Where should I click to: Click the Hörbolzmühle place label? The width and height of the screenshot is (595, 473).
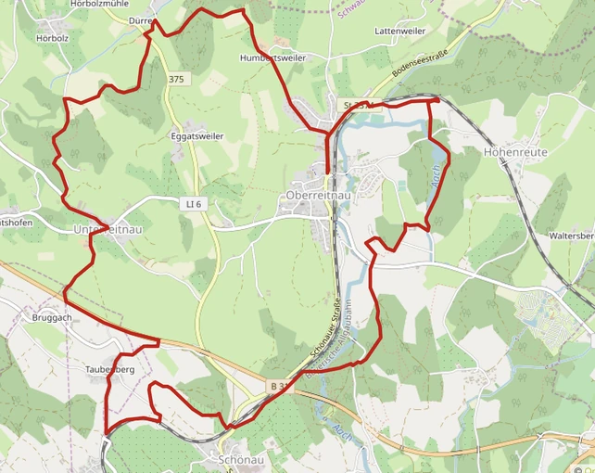pyautogui.click(x=99, y=5)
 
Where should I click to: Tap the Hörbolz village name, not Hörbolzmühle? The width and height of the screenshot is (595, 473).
pyautogui.click(x=53, y=39)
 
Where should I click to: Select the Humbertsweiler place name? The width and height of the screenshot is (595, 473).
pyautogui.click(x=272, y=58)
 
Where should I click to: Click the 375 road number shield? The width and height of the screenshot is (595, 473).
pyautogui.click(x=177, y=80)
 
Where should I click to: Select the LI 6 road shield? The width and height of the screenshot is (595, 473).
pyautogui.click(x=191, y=201)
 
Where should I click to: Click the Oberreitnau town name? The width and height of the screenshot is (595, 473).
pyautogui.click(x=318, y=196)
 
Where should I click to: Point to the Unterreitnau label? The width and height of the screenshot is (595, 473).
pyautogui.click(x=108, y=228)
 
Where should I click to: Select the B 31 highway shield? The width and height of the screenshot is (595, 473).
pyautogui.click(x=280, y=385)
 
